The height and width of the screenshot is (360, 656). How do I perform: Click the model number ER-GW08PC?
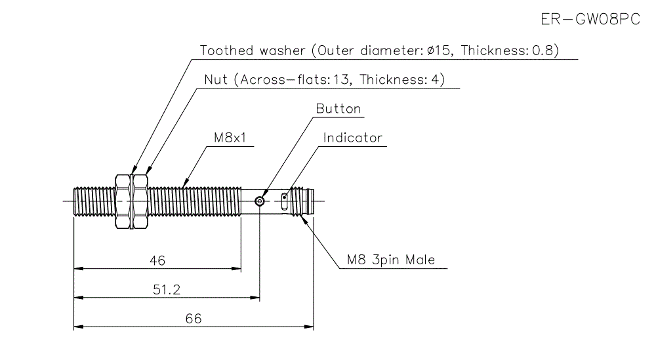[x=590, y=20]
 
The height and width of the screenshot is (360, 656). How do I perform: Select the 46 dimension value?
[x=157, y=260]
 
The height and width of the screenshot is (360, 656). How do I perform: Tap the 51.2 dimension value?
[x=166, y=289]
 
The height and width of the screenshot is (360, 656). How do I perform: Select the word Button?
[x=338, y=109]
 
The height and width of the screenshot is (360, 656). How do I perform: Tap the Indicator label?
[x=352, y=138]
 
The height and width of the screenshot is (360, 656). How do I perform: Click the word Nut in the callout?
[x=216, y=80]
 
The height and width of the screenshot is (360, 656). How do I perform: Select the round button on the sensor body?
[x=260, y=201]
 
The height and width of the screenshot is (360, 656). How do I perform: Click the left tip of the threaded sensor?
[x=75, y=201]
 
